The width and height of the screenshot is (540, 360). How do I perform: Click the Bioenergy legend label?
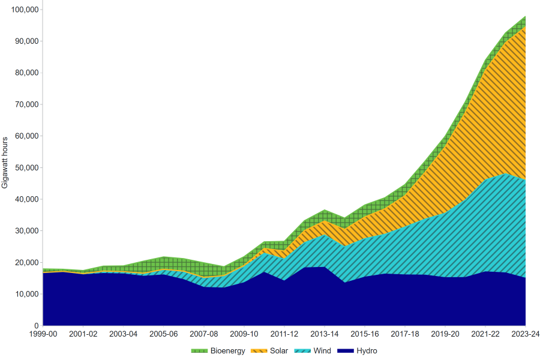point(227,351)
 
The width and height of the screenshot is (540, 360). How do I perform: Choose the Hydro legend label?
point(366,351)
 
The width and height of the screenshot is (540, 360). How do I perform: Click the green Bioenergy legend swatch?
point(199,351)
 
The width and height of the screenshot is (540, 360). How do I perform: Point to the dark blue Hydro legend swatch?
point(344,351)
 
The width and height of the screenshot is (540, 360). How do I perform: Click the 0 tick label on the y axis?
point(35,326)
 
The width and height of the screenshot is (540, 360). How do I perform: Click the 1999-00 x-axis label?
point(43,334)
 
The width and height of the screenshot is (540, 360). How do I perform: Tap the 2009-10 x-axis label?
point(244,334)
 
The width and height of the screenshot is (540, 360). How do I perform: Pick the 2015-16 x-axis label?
point(365,334)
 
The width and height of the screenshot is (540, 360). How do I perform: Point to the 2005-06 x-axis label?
point(164,334)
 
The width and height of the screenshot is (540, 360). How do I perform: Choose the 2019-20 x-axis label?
point(445,334)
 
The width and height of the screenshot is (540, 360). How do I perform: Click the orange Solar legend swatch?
point(259,351)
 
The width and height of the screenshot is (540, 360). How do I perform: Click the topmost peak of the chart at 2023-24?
point(526,16)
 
